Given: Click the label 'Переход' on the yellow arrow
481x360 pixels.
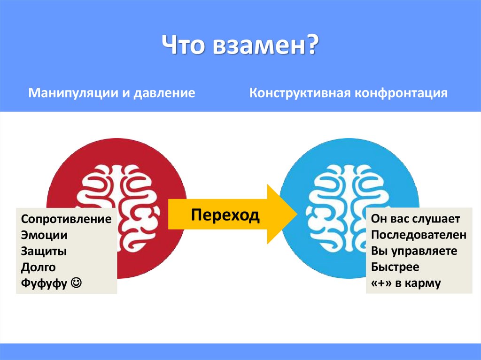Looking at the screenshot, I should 225,215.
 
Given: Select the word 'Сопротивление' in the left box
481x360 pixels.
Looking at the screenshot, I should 66,219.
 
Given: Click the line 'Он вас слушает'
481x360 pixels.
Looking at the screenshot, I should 415,219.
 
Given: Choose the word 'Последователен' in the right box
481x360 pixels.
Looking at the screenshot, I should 419,235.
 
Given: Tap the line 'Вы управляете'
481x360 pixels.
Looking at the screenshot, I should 414,251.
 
